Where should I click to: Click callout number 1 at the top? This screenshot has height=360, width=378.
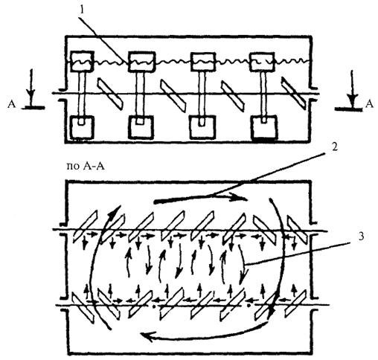click(x=82, y=10)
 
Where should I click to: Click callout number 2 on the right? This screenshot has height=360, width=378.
click(x=334, y=147)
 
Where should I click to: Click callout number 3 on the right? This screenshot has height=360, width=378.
click(x=361, y=237)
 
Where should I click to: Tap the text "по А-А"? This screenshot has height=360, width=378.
click(x=86, y=166)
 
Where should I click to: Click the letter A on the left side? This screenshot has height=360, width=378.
click(x=12, y=104)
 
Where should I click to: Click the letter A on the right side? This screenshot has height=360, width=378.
click(x=369, y=104)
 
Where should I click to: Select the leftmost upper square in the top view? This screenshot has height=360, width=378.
click(x=81, y=61)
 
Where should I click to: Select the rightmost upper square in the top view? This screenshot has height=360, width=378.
click(x=262, y=62)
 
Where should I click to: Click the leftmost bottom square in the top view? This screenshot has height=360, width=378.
click(x=82, y=127)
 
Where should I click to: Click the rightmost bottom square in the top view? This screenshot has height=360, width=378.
click(x=264, y=128)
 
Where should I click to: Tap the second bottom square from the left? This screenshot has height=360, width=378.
click(x=141, y=127)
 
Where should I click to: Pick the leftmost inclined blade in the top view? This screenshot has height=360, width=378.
click(x=110, y=94)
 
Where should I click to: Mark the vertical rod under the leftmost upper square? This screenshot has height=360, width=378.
click(x=83, y=94)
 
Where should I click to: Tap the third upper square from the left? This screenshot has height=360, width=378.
click(x=202, y=62)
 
